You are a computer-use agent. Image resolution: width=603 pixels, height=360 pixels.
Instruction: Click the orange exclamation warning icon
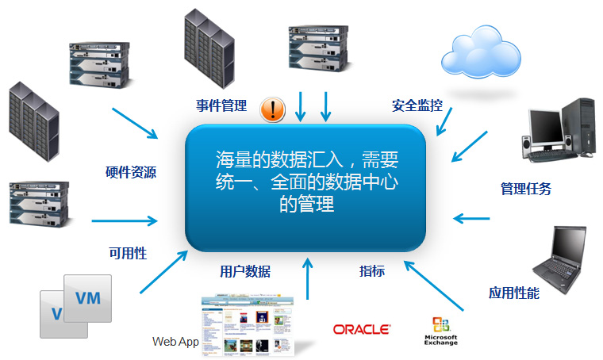[x=273, y=109]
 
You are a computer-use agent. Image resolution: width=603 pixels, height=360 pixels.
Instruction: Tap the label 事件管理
[x=221, y=105]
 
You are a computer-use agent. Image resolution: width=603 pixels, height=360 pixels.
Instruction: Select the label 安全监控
[x=417, y=105]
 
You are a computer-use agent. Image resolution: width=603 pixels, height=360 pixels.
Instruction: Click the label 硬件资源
[x=130, y=171]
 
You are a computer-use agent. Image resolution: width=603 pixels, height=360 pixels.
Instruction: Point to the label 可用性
[x=128, y=254]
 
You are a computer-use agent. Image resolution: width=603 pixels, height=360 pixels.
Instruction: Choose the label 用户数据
[x=245, y=271]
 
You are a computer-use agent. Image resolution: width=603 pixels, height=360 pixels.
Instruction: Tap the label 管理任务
[x=525, y=189]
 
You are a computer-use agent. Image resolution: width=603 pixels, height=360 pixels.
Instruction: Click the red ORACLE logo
[x=361, y=328]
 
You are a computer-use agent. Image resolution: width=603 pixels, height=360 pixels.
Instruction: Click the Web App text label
[x=175, y=342]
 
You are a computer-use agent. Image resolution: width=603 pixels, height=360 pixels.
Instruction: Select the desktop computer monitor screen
[x=545, y=125]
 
